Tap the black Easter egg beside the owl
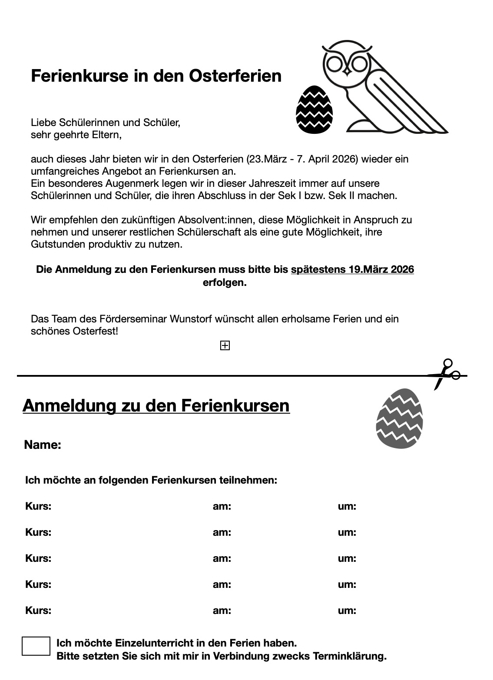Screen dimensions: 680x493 (314, 109)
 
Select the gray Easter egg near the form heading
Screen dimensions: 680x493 (399, 418)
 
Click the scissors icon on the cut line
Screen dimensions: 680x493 (444, 374)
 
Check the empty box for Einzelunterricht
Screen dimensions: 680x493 (36, 646)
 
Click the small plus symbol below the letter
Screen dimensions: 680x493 (225, 345)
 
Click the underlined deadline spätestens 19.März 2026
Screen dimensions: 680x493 (352, 269)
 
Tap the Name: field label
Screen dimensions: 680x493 (43, 444)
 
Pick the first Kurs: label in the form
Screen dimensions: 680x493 (38, 506)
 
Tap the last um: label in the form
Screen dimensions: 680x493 (347, 610)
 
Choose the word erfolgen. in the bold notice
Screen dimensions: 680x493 (225, 282)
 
